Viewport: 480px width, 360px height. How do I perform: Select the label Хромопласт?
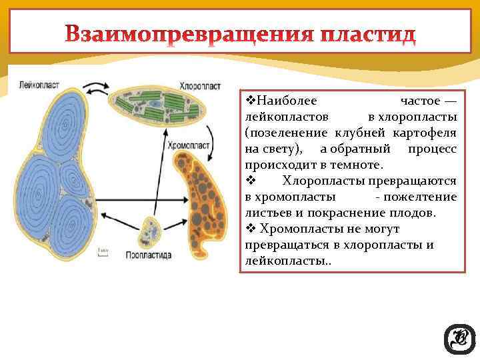(x=189, y=144)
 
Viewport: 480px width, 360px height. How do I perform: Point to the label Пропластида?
(x=149, y=255)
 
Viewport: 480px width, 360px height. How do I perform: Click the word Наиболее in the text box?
(x=286, y=101)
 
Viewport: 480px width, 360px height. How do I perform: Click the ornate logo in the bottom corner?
(x=459, y=339)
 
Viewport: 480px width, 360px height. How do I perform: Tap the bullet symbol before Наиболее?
(x=251, y=101)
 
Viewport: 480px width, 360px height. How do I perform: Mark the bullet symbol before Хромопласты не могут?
(x=251, y=229)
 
